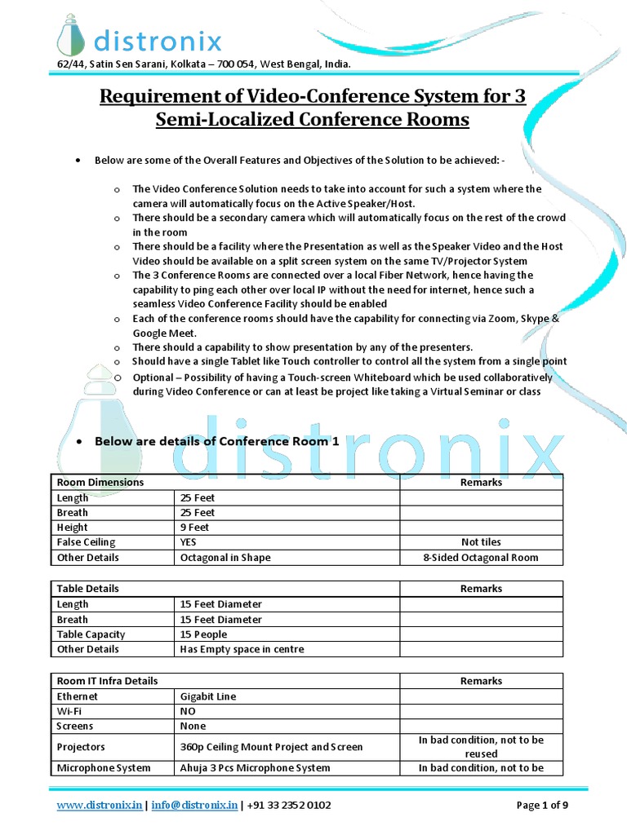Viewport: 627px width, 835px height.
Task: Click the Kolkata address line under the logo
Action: click(204, 64)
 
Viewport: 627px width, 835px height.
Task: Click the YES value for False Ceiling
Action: click(189, 542)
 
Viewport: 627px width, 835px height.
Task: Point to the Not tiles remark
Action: click(481, 542)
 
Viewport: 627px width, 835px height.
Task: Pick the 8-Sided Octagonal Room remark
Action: click(481, 558)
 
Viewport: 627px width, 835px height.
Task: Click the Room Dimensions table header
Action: click(100, 482)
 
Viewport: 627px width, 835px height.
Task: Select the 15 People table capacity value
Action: click(203, 634)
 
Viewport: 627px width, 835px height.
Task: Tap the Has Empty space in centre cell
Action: click(242, 649)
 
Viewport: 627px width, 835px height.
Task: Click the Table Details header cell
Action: click(87, 588)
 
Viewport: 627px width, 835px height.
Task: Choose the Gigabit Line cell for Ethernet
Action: click(208, 696)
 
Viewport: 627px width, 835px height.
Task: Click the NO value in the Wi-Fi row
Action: click(189, 711)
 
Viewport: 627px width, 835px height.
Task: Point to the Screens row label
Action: click(75, 726)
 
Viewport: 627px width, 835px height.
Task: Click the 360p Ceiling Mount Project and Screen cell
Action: click(271, 747)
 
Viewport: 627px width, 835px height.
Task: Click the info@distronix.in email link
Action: click(193, 806)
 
